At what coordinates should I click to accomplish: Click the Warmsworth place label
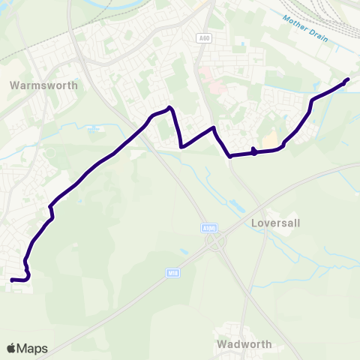pyautogui.click(x=43, y=85)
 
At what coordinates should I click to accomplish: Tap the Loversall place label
pyautogui.click(x=276, y=223)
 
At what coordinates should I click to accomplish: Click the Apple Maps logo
pyautogui.click(x=27, y=348)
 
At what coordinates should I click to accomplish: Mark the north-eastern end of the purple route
pyautogui.click(x=348, y=79)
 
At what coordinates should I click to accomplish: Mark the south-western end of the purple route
pyautogui.click(x=11, y=280)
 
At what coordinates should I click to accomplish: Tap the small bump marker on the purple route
pyautogui.click(x=254, y=152)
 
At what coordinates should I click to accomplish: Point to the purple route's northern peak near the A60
pyautogui.click(x=171, y=108)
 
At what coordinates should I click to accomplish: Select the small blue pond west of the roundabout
pyautogui.click(x=184, y=251)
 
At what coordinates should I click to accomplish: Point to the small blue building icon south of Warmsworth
pyautogui.click(x=94, y=129)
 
